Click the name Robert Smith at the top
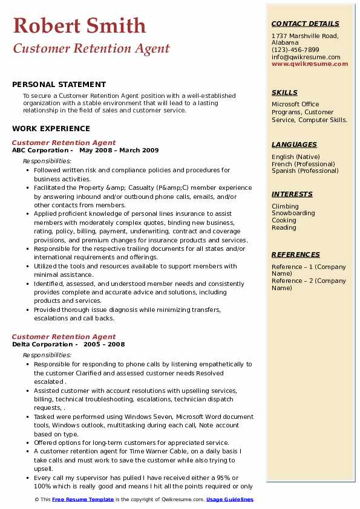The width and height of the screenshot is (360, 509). pyautogui.click(x=79, y=25)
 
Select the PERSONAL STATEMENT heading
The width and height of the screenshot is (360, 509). pyautogui.click(x=59, y=85)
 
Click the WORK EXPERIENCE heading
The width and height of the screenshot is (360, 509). pyautogui.click(x=51, y=128)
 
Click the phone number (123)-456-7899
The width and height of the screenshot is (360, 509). pyautogui.click(x=295, y=50)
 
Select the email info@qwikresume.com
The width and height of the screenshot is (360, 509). pyautogui.click(x=306, y=57)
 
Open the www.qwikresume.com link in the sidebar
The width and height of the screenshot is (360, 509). pyautogui.click(x=310, y=64)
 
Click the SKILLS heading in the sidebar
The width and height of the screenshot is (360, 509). pyautogui.click(x=284, y=92)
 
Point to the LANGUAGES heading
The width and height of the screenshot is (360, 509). pyautogui.click(x=294, y=144)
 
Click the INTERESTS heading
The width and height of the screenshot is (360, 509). pyautogui.click(x=292, y=194)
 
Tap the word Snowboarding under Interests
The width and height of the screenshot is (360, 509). pyautogui.click(x=293, y=213)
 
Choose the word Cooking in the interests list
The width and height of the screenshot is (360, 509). pyautogui.click(x=284, y=221)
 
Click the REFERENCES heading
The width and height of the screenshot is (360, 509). pyautogui.click(x=296, y=254)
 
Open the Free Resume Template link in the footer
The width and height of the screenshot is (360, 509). pyautogui.click(x=83, y=499)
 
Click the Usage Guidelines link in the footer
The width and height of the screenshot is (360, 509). pyautogui.click(x=230, y=499)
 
